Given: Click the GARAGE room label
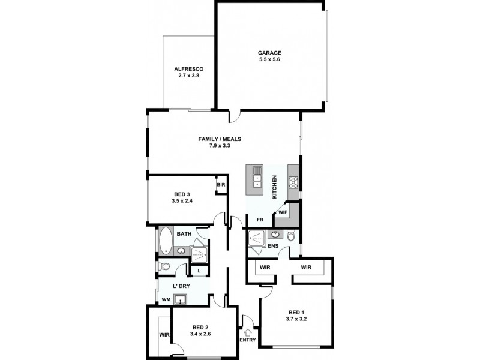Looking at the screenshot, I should click(x=269, y=52).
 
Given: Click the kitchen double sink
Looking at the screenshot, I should click(x=257, y=174).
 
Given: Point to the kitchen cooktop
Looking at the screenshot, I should click(x=295, y=181).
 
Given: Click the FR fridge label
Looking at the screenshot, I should click(x=260, y=220).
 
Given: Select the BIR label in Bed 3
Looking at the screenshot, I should click(x=221, y=185).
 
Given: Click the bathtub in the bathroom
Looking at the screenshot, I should click(x=166, y=242).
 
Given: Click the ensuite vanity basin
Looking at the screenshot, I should click(x=277, y=234).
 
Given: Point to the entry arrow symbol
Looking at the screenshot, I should click(x=247, y=332).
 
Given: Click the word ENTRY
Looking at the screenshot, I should click(x=247, y=340).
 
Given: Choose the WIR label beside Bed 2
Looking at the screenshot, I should click(x=163, y=334).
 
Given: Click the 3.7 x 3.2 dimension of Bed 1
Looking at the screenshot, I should click(x=297, y=319).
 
